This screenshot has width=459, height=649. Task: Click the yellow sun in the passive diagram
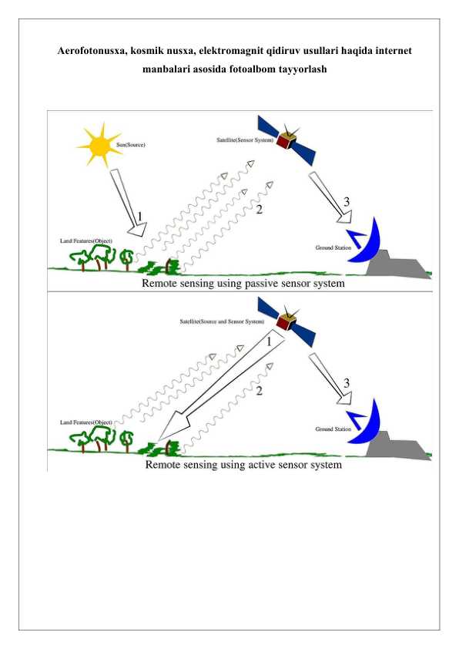click(x=99, y=145)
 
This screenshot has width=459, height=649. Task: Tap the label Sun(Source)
click(x=131, y=145)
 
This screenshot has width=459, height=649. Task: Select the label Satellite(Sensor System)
click(x=245, y=140)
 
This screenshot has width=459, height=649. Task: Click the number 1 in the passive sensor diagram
click(x=139, y=217)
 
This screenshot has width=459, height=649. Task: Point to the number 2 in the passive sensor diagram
click(x=260, y=210)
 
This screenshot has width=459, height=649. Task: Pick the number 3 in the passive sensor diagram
click(x=347, y=202)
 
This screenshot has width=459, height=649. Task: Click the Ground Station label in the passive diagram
click(x=333, y=247)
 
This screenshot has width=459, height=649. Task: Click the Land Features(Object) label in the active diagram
click(x=86, y=422)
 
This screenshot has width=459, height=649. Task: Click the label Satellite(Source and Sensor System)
click(x=222, y=321)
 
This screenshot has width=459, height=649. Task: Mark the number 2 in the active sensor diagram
click(x=260, y=390)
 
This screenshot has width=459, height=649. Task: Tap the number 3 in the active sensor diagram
click(x=347, y=383)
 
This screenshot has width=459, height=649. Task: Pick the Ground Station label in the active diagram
click(x=333, y=429)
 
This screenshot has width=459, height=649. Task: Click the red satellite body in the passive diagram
click(x=283, y=141)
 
